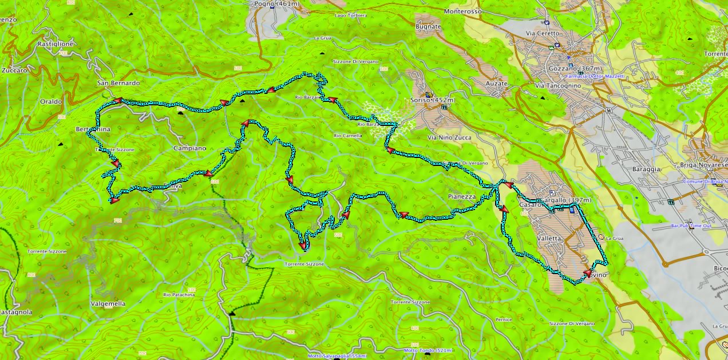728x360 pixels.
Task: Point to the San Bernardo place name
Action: tap(118, 83)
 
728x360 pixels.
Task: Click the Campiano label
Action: tap(189, 148)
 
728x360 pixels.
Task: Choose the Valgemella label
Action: tap(108, 303)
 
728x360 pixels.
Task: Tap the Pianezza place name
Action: tap(462, 196)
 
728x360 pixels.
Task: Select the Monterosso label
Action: tap(463, 11)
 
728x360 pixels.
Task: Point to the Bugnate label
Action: tap(429, 27)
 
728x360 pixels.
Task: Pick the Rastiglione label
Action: tap(55, 43)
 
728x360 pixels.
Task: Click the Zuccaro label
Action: tap(14, 70)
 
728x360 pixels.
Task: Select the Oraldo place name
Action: tap(51, 101)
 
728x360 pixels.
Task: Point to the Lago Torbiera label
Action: tap(351, 15)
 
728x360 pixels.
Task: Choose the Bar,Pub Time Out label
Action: tap(691, 226)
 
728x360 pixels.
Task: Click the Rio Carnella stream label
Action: tap(347, 136)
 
